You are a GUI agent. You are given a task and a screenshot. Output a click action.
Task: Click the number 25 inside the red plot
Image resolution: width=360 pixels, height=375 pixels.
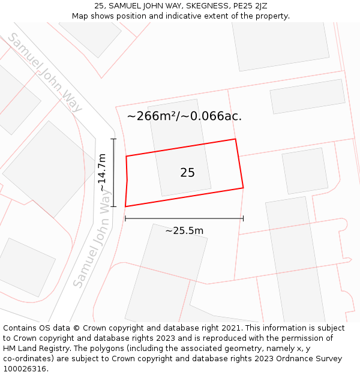(187, 173)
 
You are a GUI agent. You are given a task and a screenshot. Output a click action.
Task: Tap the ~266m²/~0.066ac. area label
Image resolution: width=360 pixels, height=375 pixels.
(184, 116)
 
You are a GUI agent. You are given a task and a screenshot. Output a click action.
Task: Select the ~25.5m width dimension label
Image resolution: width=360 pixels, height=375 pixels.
(184, 230)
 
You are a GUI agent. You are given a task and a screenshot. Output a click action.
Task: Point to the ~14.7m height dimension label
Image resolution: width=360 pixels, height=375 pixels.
(103, 173)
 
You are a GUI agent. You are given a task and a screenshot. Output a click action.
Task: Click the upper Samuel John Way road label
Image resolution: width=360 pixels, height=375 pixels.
(44, 73)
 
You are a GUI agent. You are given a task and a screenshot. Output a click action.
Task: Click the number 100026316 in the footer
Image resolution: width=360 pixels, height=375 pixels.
(25, 369)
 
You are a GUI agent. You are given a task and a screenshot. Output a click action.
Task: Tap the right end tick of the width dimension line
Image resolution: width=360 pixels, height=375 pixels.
(243, 218)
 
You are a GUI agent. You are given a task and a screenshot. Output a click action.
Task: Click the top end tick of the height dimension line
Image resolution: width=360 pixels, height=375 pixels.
(113, 139)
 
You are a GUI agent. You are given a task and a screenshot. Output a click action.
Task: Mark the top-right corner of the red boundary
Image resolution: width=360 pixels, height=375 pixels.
(235, 139)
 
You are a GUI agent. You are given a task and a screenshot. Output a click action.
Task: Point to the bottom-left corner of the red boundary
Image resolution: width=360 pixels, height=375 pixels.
(125, 206)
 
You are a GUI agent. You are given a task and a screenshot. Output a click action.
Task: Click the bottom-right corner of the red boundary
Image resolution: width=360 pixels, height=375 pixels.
(243, 188)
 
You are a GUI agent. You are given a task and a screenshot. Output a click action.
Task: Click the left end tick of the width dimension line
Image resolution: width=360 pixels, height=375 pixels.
(125, 218)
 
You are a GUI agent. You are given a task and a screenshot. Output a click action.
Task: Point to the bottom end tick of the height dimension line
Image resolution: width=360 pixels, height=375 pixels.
(113, 206)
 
